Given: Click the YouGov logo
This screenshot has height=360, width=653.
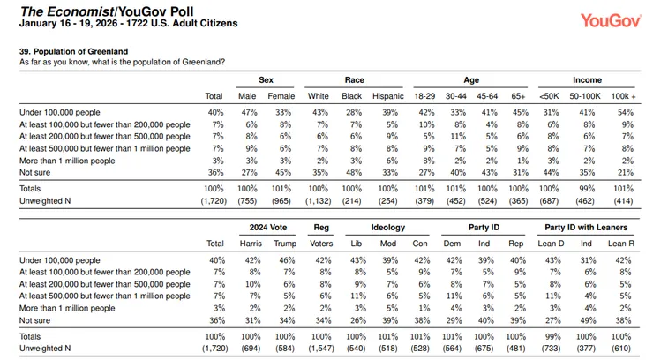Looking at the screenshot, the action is pos(611,20).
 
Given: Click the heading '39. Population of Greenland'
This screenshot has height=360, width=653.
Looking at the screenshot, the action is pos(74,51).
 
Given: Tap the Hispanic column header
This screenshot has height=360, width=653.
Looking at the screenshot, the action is pos(387,96).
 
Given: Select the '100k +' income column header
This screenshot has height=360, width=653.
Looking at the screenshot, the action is pos(623,96).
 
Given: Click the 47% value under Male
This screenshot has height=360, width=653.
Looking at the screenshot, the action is pos(249,112).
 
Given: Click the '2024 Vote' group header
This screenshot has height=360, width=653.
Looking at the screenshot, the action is pos(268,228).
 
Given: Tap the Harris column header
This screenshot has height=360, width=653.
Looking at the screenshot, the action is pos(251,244).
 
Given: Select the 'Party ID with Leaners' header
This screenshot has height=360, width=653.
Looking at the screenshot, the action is pos(586,228).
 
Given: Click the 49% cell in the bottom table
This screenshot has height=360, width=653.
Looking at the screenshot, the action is pos(588,320).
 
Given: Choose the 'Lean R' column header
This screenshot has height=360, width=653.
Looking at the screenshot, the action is pos(621,244).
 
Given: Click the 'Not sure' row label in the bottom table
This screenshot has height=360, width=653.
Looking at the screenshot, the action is pos(34,320).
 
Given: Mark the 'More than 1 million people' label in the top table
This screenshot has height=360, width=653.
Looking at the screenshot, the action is pos(67,161).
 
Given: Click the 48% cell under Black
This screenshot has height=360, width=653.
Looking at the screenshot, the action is pos(352,172).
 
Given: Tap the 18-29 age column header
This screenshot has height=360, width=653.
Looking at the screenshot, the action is pos(424,96).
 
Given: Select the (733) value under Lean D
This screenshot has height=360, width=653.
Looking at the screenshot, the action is pos(551,349).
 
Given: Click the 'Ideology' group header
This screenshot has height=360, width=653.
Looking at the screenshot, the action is pos(387,228).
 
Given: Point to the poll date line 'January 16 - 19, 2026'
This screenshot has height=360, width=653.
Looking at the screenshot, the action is pos(68,23).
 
